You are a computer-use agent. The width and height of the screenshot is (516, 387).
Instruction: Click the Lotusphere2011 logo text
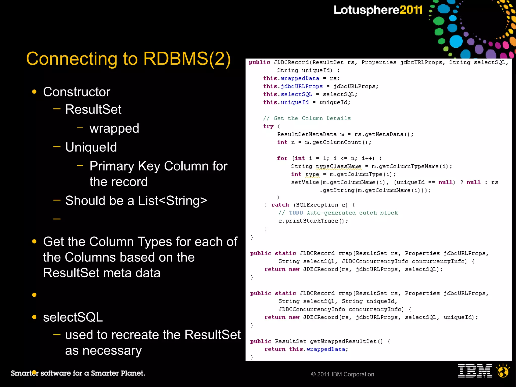click(378, 10)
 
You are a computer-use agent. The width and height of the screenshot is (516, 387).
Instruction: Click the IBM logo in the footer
click(475, 371)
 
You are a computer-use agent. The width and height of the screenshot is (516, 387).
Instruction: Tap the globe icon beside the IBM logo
click(503, 371)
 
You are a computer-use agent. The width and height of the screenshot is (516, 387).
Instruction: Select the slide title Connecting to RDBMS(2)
click(128, 59)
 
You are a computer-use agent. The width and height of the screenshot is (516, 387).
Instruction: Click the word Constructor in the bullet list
click(77, 92)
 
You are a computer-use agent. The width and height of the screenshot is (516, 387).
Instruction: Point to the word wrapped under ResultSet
click(114, 128)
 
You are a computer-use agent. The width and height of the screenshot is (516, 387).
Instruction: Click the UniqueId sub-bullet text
click(91, 147)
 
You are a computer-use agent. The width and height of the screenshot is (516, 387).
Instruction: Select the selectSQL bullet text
click(73, 317)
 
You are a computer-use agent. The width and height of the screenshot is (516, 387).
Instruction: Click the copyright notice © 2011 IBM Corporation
click(342, 374)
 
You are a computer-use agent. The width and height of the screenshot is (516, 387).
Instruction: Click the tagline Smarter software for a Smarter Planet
click(78, 373)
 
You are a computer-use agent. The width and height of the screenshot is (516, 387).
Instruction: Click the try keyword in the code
click(268, 126)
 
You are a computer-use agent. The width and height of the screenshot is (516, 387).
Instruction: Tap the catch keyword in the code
click(280, 205)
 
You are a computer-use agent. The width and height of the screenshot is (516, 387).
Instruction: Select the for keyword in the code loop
click(282, 158)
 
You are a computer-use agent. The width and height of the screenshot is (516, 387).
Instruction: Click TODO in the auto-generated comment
click(296, 213)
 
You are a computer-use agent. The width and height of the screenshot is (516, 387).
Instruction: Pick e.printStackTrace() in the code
click(313, 221)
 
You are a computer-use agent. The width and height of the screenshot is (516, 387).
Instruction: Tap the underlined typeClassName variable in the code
click(338, 166)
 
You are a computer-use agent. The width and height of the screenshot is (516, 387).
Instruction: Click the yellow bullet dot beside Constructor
click(34, 92)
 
